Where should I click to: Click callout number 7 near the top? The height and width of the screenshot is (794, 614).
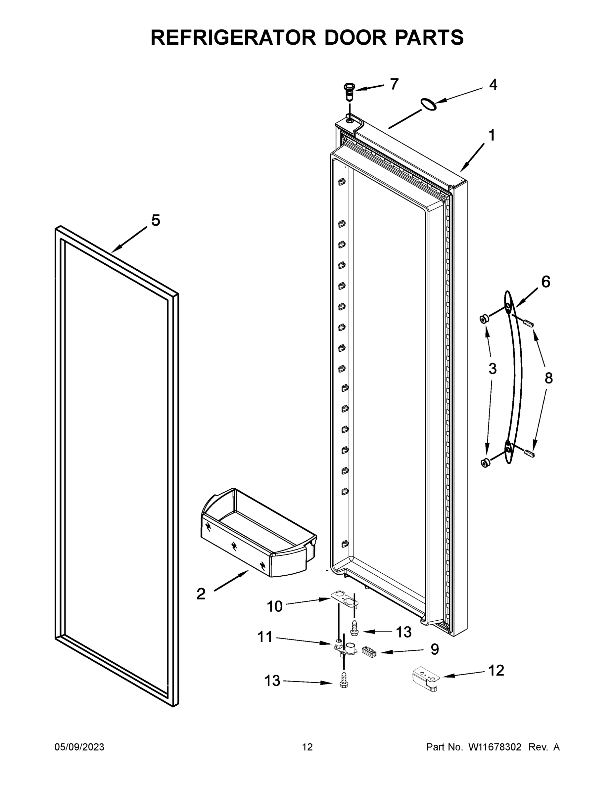click(394, 84)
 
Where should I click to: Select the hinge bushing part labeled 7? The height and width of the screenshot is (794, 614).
click(349, 92)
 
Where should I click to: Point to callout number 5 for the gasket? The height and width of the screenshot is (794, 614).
click(155, 220)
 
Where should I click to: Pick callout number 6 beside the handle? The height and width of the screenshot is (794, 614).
click(545, 282)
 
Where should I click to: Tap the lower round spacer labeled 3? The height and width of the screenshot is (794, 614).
click(485, 463)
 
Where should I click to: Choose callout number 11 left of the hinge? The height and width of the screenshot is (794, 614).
click(265, 637)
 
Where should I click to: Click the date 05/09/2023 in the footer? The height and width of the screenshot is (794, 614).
click(79, 747)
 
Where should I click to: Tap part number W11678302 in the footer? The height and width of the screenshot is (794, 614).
click(495, 747)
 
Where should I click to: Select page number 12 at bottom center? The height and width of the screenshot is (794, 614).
click(307, 747)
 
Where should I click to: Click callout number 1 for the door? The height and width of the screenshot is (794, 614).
click(492, 136)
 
